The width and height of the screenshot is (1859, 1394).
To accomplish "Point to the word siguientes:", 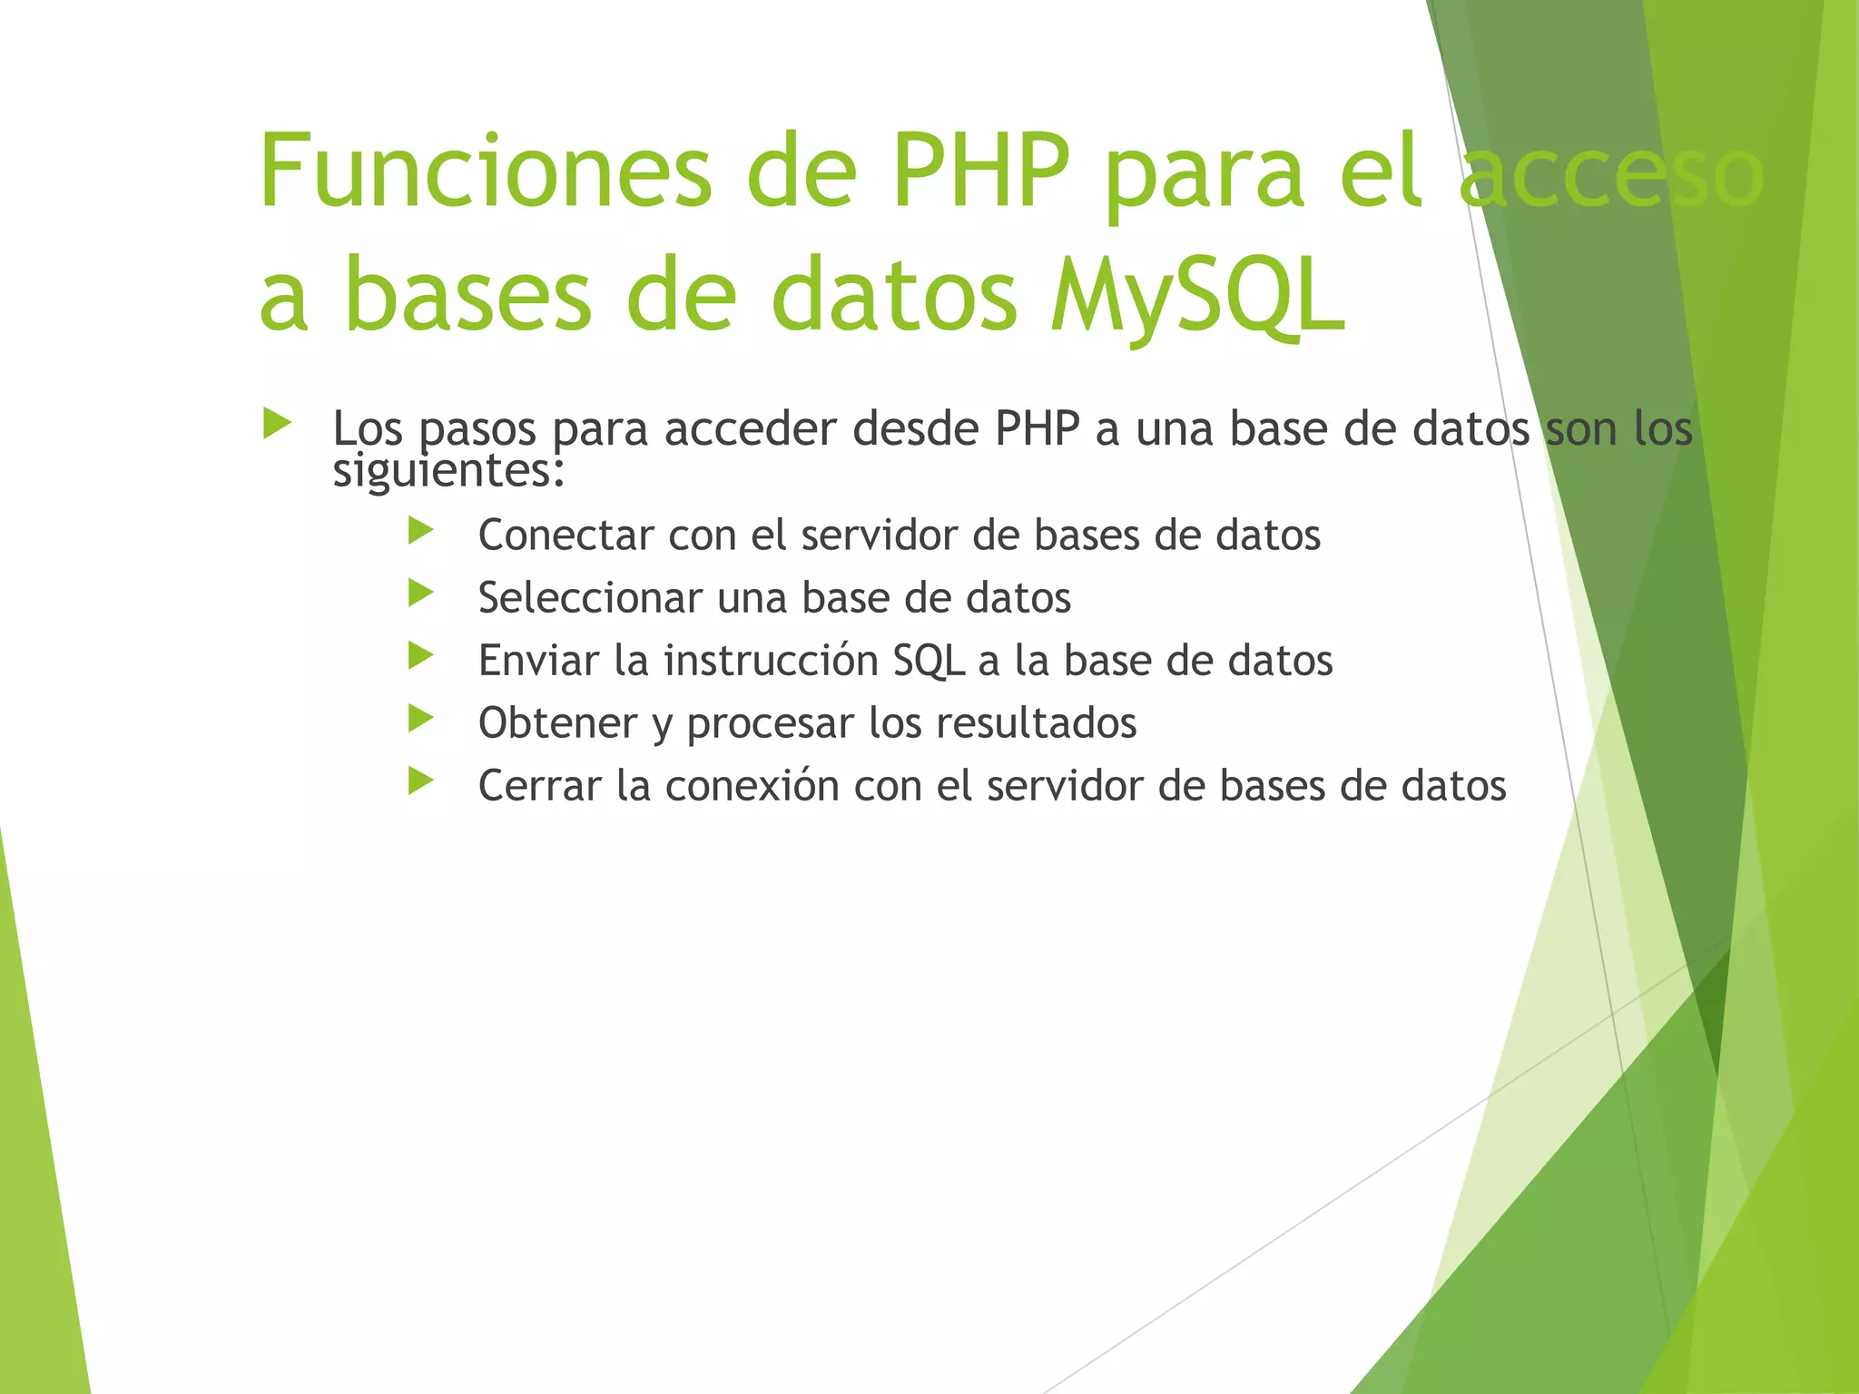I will (x=448, y=471).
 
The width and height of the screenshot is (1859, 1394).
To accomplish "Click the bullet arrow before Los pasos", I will (x=277, y=424).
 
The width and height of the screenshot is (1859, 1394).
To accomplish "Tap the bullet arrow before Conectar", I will (x=421, y=531).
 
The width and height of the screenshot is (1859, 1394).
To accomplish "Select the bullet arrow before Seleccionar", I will (x=421, y=594).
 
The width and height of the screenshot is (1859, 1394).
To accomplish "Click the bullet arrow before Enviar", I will (x=421, y=656).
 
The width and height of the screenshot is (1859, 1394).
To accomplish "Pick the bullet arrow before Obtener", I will (x=421, y=719).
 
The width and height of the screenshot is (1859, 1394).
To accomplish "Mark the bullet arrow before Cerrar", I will (x=421, y=781).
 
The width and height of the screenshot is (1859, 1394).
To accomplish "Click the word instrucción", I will (x=771, y=661).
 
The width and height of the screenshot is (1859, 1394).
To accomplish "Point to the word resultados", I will (x=1036, y=723).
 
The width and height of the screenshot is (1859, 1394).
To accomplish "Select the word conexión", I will (x=752, y=786).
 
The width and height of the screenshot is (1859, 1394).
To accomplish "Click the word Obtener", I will (x=557, y=723).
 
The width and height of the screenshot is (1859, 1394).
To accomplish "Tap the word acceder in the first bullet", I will (x=750, y=429).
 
